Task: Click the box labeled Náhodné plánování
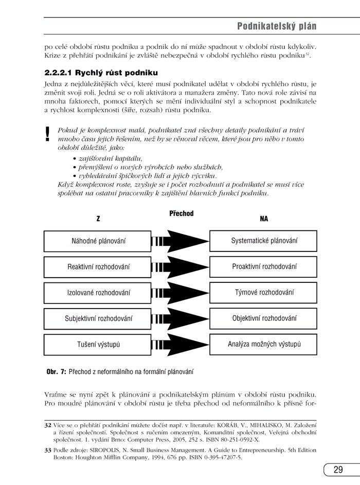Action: click(98, 241)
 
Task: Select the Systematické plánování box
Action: click(264, 241)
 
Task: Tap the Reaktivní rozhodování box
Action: click(98, 266)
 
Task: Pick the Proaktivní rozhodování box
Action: click(264, 266)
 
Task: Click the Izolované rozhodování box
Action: click(98, 293)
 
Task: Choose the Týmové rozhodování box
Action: click(264, 293)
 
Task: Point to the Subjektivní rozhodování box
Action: click(98, 318)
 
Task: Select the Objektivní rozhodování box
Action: click(264, 318)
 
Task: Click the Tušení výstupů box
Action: click(98, 345)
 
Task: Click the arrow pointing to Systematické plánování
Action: click(180, 241)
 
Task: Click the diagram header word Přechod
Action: click(181, 213)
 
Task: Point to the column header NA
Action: click(264, 219)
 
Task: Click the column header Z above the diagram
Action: click(98, 219)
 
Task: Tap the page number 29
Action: click(338, 470)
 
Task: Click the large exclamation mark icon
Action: click(48, 134)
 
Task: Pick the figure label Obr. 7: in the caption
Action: click(56, 371)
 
